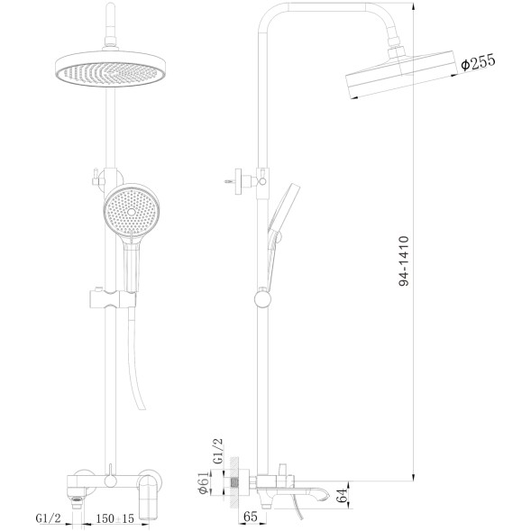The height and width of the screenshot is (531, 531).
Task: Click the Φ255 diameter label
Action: pos(475,64)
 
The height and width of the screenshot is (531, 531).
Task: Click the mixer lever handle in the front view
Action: pos(146,490)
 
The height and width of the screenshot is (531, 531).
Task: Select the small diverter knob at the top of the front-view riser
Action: pos(94,176)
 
